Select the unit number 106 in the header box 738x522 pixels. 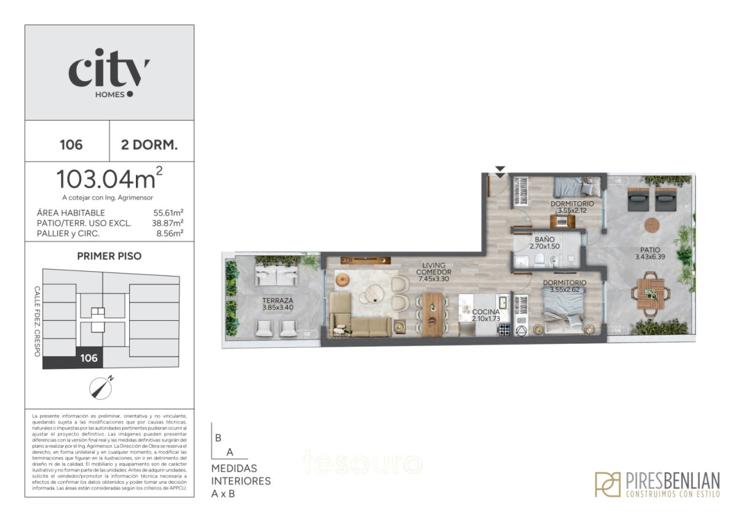[71, 145]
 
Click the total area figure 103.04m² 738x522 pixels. [109, 179]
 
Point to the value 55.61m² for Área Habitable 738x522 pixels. [169, 213]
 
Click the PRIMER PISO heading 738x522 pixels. [109, 256]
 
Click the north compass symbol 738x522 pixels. [100, 386]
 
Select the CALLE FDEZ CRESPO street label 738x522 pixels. [37, 322]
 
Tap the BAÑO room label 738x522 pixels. [546, 240]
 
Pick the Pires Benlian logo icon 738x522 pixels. [607, 484]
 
